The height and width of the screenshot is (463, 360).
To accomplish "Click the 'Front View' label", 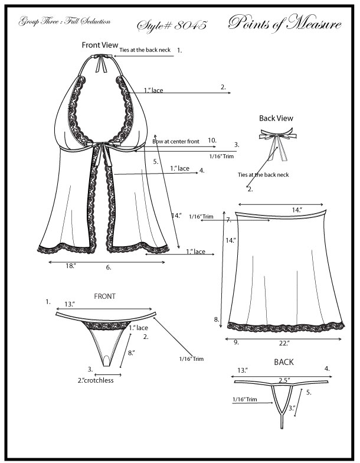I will tap(98, 45).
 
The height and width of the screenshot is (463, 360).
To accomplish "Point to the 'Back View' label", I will tap(276, 118).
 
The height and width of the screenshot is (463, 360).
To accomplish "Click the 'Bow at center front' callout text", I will tap(176, 142).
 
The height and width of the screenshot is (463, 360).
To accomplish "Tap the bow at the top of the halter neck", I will tap(106, 58).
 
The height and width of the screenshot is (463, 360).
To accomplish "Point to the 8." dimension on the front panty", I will tap(132, 353).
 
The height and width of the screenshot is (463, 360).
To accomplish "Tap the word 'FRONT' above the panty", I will tap(104, 296).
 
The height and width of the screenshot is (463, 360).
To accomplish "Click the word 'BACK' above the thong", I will tap(283, 362).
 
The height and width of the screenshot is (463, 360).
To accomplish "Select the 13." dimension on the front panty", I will tap(70, 304).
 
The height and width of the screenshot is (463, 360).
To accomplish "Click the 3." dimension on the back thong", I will tap(292, 407).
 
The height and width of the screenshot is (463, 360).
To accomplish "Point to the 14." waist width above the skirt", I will tap(296, 210).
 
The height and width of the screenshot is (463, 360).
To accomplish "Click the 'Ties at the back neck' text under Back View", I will tap(263, 175).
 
